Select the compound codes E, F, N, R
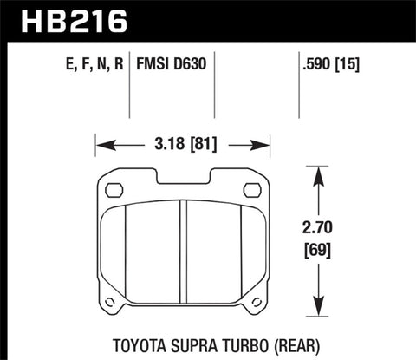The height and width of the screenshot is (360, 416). [x=81, y=64]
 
